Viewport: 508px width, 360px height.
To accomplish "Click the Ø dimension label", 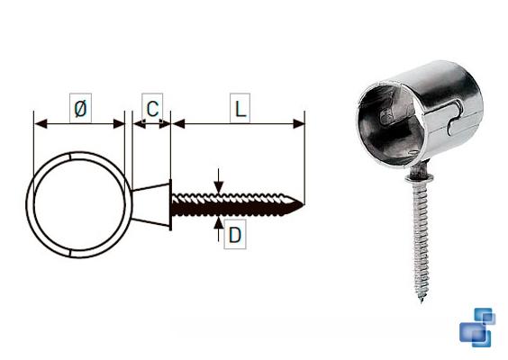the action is point(81,108).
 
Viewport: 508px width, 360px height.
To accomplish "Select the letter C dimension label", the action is point(152,108).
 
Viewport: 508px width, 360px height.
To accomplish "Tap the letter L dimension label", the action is point(240,108).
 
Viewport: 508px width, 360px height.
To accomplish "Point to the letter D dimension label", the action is point(235,234).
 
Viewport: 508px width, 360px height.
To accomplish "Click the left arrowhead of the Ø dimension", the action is point(41,123).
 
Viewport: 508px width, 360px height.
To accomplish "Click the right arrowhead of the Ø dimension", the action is point(119,123).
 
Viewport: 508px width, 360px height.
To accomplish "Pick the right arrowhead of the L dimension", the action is point(299,123).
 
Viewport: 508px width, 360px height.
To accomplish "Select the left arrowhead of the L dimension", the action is point(177,123).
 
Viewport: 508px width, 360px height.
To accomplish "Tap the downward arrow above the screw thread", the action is point(219,181).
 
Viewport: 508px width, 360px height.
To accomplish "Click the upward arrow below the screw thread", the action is point(219,229).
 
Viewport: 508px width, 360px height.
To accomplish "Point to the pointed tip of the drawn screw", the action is point(304,204).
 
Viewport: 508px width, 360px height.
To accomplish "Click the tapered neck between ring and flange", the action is point(150,204).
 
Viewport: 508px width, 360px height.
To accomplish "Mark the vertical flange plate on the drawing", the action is point(170,204).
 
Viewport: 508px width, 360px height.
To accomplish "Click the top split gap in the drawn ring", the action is point(70,156).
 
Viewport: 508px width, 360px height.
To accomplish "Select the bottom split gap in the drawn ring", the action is point(70,253).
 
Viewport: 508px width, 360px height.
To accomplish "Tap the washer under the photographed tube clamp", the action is point(420,177).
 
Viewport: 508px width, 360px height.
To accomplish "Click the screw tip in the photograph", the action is point(422,301).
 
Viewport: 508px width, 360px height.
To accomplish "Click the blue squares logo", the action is point(477,328).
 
